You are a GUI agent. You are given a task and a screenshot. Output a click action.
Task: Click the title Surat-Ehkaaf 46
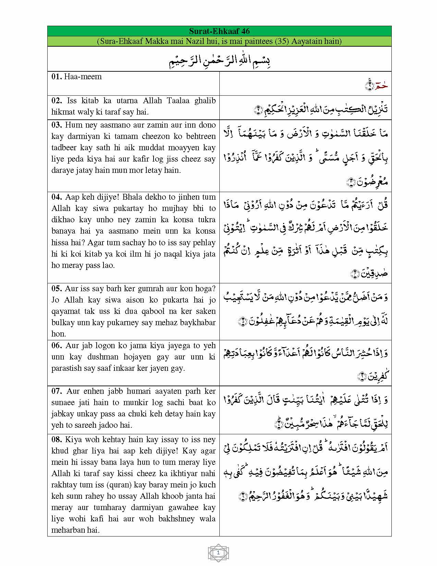(x=219, y=31)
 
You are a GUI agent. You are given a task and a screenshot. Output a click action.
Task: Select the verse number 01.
(x=57, y=76)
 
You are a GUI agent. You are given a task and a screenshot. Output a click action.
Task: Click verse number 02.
(x=57, y=101)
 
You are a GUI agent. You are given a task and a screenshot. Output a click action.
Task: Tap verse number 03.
(x=57, y=125)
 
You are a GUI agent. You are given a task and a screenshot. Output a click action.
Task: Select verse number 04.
(x=57, y=197)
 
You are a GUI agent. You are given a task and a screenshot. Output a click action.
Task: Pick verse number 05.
(x=57, y=289)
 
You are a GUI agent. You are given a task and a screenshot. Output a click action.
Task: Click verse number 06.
(x=57, y=346)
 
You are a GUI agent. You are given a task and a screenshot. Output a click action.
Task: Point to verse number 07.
(x=57, y=391)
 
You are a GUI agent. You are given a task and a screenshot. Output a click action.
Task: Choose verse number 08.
(x=57, y=440)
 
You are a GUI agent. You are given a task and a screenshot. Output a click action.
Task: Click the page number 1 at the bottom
(x=218, y=553)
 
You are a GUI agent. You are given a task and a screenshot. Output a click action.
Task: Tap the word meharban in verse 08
(x=68, y=530)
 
